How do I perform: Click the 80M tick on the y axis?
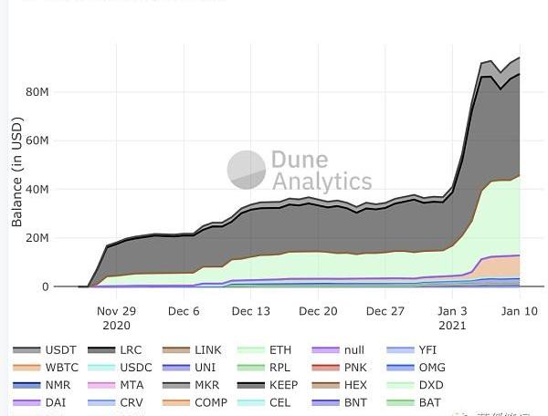tap(37, 92)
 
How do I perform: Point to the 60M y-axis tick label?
tap(37, 140)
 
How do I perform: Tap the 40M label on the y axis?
tap(37, 190)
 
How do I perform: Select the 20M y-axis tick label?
tap(37, 238)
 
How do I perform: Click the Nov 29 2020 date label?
tap(117, 317)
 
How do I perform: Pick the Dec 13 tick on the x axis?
tap(250, 311)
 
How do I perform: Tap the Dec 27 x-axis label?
tap(385, 311)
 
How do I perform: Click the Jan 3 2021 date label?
tap(452, 317)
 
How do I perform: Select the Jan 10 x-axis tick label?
tap(518, 311)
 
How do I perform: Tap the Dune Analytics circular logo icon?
tap(246, 170)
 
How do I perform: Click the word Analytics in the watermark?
tap(321, 181)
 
